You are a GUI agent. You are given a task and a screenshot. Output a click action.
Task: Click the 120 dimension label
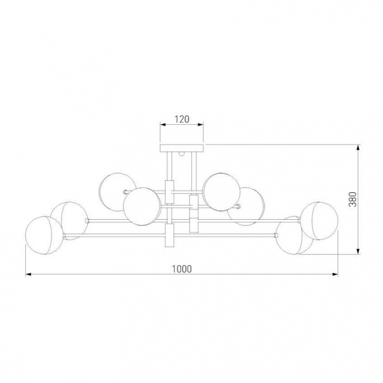point(182,120)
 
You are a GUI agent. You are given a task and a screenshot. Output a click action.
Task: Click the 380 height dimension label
point(353,200)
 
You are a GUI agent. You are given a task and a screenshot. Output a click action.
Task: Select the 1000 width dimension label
point(182,269)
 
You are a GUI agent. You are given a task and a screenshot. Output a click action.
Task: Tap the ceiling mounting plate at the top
point(181,148)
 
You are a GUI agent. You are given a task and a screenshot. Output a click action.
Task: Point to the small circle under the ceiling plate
point(181,153)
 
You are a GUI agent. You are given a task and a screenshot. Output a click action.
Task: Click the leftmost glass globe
point(44,235)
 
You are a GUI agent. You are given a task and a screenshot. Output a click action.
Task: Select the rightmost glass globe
point(319,221)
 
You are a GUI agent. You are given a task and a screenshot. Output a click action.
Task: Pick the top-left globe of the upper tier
point(118,192)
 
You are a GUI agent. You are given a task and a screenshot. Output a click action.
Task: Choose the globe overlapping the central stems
point(142,206)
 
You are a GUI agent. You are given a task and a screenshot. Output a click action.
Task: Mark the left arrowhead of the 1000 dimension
point(29,274)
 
